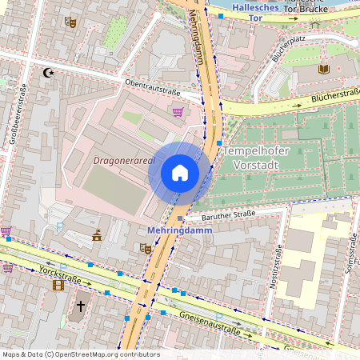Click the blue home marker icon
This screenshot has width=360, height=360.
pyautogui.click(x=179, y=173)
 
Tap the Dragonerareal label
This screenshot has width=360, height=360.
pyautogui.click(x=123, y=160)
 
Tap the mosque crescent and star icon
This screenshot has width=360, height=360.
pyautogui.click(x=49, y=73)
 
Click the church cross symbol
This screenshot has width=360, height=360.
pyautogui.click(x=80, y=306)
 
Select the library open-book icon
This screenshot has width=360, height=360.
pyautogui.click(x=323, y=70)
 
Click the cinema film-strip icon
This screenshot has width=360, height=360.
pyautogui.click(x=58, y=284)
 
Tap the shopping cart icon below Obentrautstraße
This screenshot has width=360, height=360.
pyautogui.click(x=177, y=111)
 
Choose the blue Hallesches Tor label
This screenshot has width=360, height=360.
pyautogui.click(x=256, y=11)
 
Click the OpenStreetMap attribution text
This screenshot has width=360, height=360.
pyautogui.click(x=80, y=354)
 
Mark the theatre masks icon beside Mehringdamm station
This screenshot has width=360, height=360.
pyautogui.click(x=146, y=249)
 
